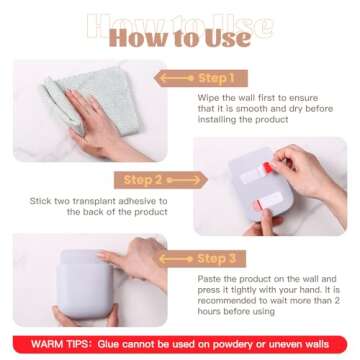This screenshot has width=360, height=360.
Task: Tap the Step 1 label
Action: pos(244,77)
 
